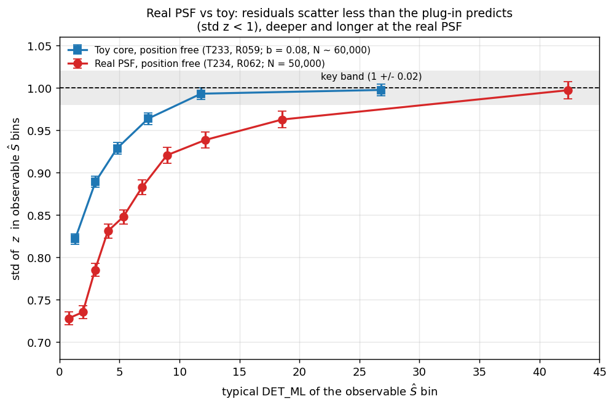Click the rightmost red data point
568,90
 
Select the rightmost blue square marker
380,90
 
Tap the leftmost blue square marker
75,239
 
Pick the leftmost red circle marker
69,319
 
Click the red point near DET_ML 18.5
282,120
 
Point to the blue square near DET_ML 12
201,94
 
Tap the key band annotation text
371,76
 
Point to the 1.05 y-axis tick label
39,47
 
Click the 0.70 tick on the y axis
39,343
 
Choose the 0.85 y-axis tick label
39,216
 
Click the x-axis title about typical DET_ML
329,391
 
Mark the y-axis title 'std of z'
15,199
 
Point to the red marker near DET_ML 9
167,155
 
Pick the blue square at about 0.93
117,149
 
